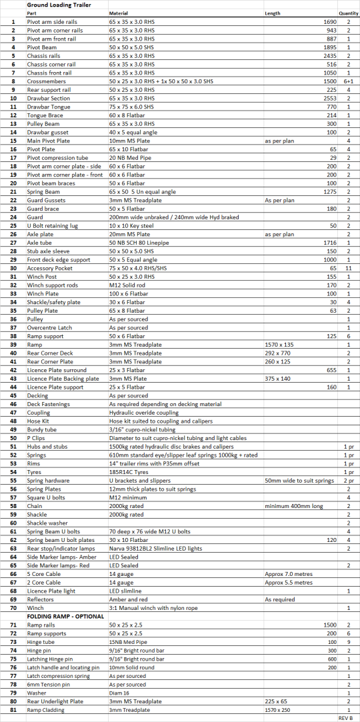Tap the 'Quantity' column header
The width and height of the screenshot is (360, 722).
coord(348,13)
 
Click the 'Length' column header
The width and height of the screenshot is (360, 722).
coord(273,13)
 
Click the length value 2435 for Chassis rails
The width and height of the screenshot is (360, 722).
coord(319,56)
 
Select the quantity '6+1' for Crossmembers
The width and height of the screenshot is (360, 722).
coord(349,81)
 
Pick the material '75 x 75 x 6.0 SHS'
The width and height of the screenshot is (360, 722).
coord(132,107)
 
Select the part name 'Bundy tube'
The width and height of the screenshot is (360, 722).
coord(41,429)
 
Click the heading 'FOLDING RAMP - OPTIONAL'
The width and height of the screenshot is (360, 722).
coord(65,617)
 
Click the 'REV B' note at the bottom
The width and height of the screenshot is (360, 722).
coord(345,719)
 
